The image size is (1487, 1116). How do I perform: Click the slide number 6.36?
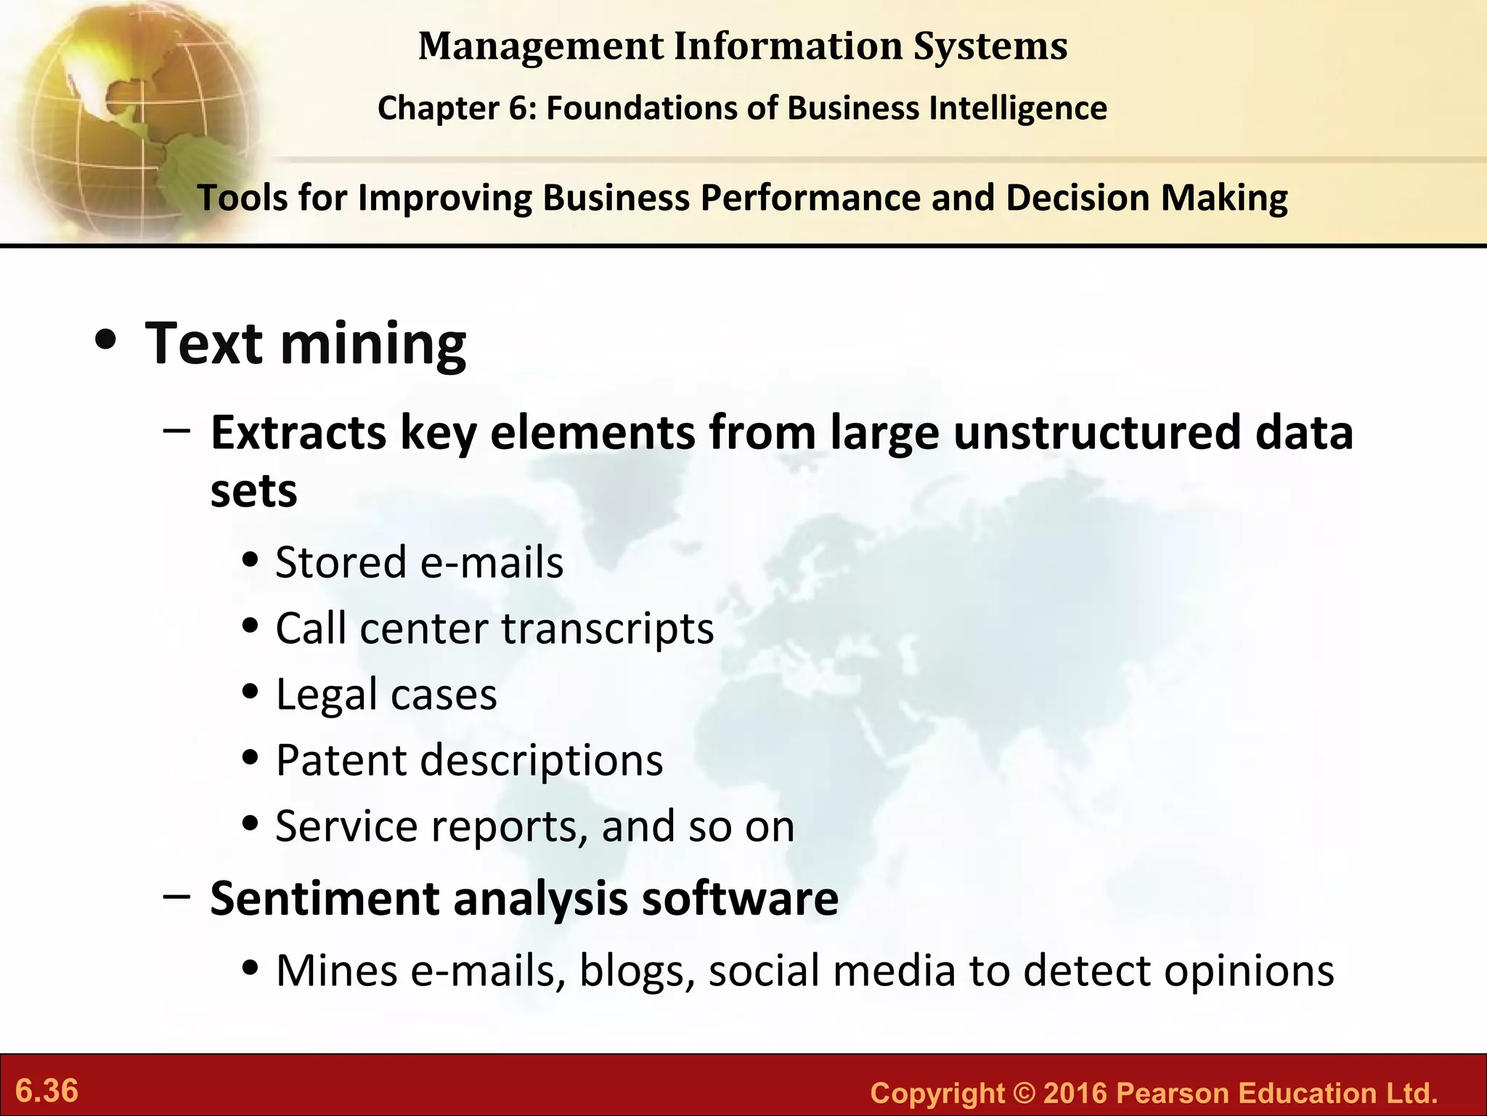[46, 1091]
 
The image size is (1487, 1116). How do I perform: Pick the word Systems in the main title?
[990, 46]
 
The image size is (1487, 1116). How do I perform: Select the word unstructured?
[1096, 433]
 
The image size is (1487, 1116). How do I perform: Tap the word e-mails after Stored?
[492, 563]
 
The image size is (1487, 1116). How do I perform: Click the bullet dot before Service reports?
[250, 825]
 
